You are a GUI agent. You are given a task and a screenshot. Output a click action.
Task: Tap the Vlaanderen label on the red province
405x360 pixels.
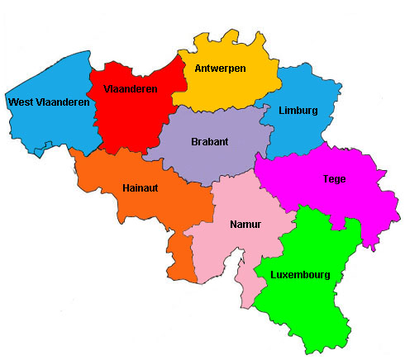[131, 88]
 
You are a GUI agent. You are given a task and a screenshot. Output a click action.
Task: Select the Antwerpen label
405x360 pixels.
[220, 69]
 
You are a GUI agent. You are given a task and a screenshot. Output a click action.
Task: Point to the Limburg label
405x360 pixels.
[298, 110]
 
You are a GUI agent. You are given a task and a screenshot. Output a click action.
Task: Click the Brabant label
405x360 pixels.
[209, 141]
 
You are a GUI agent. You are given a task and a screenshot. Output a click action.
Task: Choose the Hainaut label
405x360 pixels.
[140, 187]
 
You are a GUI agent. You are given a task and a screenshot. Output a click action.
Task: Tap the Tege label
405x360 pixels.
[335, 178]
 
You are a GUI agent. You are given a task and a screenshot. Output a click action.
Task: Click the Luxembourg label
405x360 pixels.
[301, 275]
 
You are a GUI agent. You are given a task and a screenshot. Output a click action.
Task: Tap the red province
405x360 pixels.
[136, 116]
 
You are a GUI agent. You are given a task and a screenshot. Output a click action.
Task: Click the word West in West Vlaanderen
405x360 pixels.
[20, 102]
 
